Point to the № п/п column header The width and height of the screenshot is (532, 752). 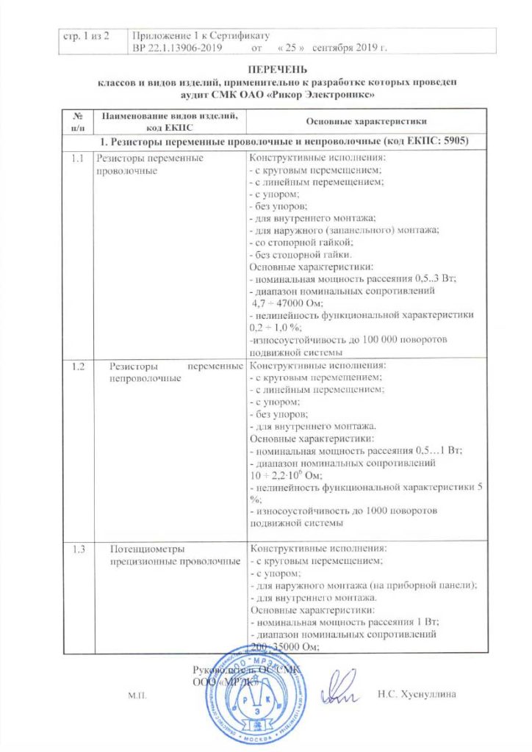[76, 121]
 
